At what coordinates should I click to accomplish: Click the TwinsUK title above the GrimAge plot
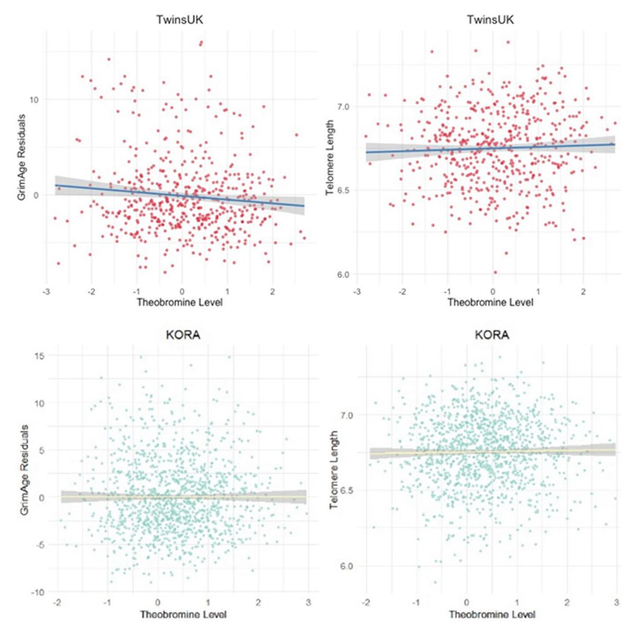coord(179,20)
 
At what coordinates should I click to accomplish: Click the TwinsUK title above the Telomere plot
coord(490,20)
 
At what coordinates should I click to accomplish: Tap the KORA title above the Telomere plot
coord(492,336)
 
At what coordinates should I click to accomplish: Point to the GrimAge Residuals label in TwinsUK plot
coord(22,159)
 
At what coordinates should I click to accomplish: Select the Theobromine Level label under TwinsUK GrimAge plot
coord(179,303)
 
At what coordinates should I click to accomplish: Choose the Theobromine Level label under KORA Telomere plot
coord(492,615)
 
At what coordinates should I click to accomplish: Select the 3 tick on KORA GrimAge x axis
coord(308,602)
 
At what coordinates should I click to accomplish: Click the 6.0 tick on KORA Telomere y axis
coord(347,566)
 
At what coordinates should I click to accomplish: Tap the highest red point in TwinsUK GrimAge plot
coord(201,43)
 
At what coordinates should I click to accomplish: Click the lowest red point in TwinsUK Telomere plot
coord(495,273)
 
